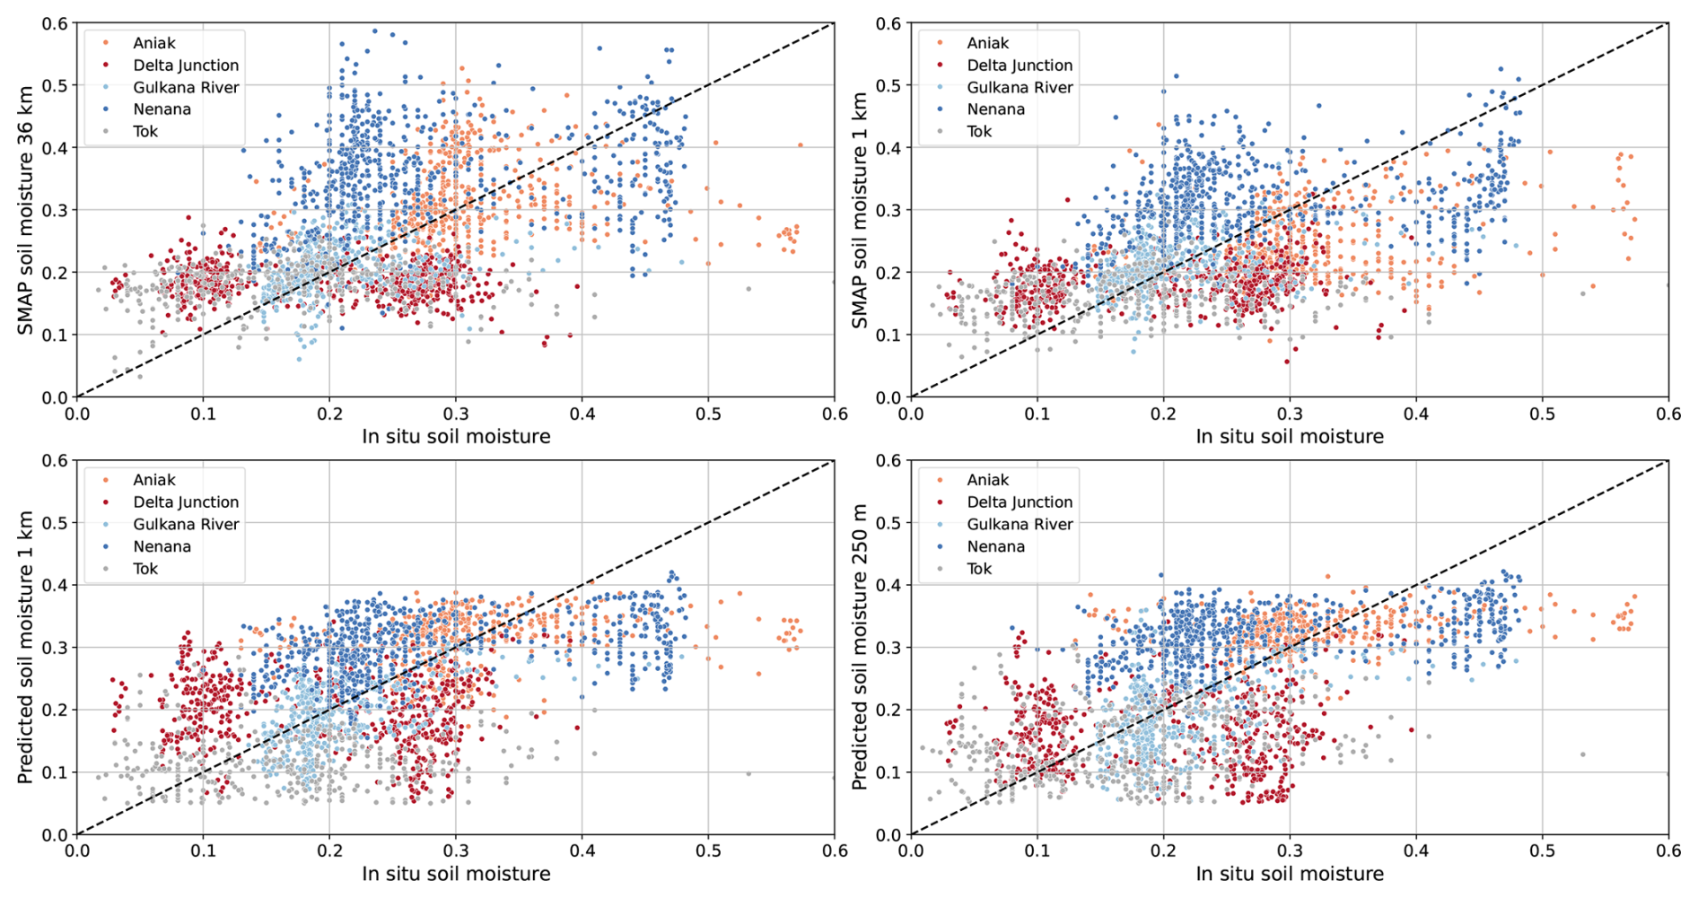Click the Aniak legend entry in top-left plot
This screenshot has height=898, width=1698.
pyautogui.click(x=153, y=43)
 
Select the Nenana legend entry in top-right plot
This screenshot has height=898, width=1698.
pyautogui.click(x=995, y=109)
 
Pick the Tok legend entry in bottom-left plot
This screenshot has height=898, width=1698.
pyautogui.click(x=145, y=569)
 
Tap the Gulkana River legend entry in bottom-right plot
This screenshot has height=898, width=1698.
pyautogui.click(x=1020, y=525)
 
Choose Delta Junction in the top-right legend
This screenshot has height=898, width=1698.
pyautogui.click(x=1020, y=65)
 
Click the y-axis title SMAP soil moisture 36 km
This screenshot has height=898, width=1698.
pyautogui.click(x=26, y=211)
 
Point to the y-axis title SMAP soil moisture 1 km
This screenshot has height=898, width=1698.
pyautogui.click(x=860, y=211)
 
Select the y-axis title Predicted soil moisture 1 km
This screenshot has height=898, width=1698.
pyautogui.click(x=26, y=647)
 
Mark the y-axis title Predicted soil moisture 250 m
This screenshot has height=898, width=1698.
pyautogui.click(x=860, y=647)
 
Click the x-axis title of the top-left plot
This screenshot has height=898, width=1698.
pyautogui.click(x=456, y=437)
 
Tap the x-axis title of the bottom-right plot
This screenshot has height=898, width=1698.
pyautogui.click(x=1290, y=874)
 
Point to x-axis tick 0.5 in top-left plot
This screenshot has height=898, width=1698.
pyautogui.click(x=708, y=414)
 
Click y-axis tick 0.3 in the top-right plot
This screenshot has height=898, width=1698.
pyautogui.click(x=888, y=210)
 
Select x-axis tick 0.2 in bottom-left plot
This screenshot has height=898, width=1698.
pyautogui.click(x=329, y=850)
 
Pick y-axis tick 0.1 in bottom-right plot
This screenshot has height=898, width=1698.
pyautogui.click(x=888, y=772)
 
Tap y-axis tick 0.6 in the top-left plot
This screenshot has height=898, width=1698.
pyautogui.click(x=55, y=23)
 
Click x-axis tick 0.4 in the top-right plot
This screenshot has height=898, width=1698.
pyautogui.click(x=1416, y=414)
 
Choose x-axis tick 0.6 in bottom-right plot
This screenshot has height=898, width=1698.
pyautogui.click(x=1667, y=850)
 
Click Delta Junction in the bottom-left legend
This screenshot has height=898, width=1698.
pyautogui.click(x=186, y=502)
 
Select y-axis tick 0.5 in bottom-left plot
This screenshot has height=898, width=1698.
pyautogui.click(x=55, y=523)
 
